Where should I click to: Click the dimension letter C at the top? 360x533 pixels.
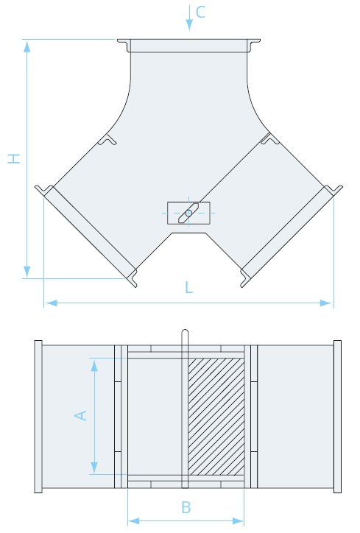point(200,12)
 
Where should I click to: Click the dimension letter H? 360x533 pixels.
point(14,159)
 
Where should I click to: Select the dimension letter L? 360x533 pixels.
point(188,287)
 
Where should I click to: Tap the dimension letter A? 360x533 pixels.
point(81,416)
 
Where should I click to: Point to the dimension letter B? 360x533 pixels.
point(186,507)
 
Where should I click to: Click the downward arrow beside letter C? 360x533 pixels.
point(189,18)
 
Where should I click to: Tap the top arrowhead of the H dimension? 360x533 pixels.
point(27,46)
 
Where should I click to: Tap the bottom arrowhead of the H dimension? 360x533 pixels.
point(27,272)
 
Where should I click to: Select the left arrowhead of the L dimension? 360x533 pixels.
point(51,303)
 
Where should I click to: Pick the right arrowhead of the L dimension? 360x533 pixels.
point(326,303)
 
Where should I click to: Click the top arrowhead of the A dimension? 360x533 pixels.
point(94,365)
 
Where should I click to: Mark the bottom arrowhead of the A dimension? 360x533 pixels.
point(94,467)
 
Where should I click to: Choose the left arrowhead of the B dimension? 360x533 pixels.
point(134,520)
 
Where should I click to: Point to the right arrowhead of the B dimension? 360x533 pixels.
point(238,520)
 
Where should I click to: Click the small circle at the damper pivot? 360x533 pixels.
point(188,213)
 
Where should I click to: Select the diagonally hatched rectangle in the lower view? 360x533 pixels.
point(216,417)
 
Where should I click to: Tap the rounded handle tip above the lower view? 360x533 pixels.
point(185,331)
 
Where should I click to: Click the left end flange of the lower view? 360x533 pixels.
point(38,417)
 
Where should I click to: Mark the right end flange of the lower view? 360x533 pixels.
point(337,417)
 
